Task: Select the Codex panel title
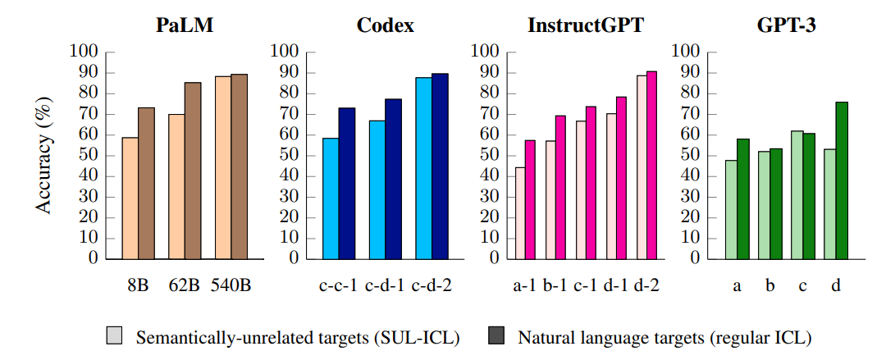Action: click(x=385, y=25)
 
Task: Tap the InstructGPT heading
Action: click(x=586, y=25)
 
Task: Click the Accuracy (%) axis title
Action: click(x=43, y=156)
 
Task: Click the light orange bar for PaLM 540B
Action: click(x=223, y=167)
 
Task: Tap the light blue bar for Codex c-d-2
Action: click(x=423, y=168)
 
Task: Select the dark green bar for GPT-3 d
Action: click(x=840, y=180)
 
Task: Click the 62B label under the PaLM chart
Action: click(x=185, y=286)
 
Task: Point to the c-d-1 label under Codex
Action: click(x=385, y=286)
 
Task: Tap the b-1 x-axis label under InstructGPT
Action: click(x=555, y=286)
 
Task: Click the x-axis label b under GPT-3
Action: click(x=770, y=286)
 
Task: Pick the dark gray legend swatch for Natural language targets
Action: click(x=498, y=336)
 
